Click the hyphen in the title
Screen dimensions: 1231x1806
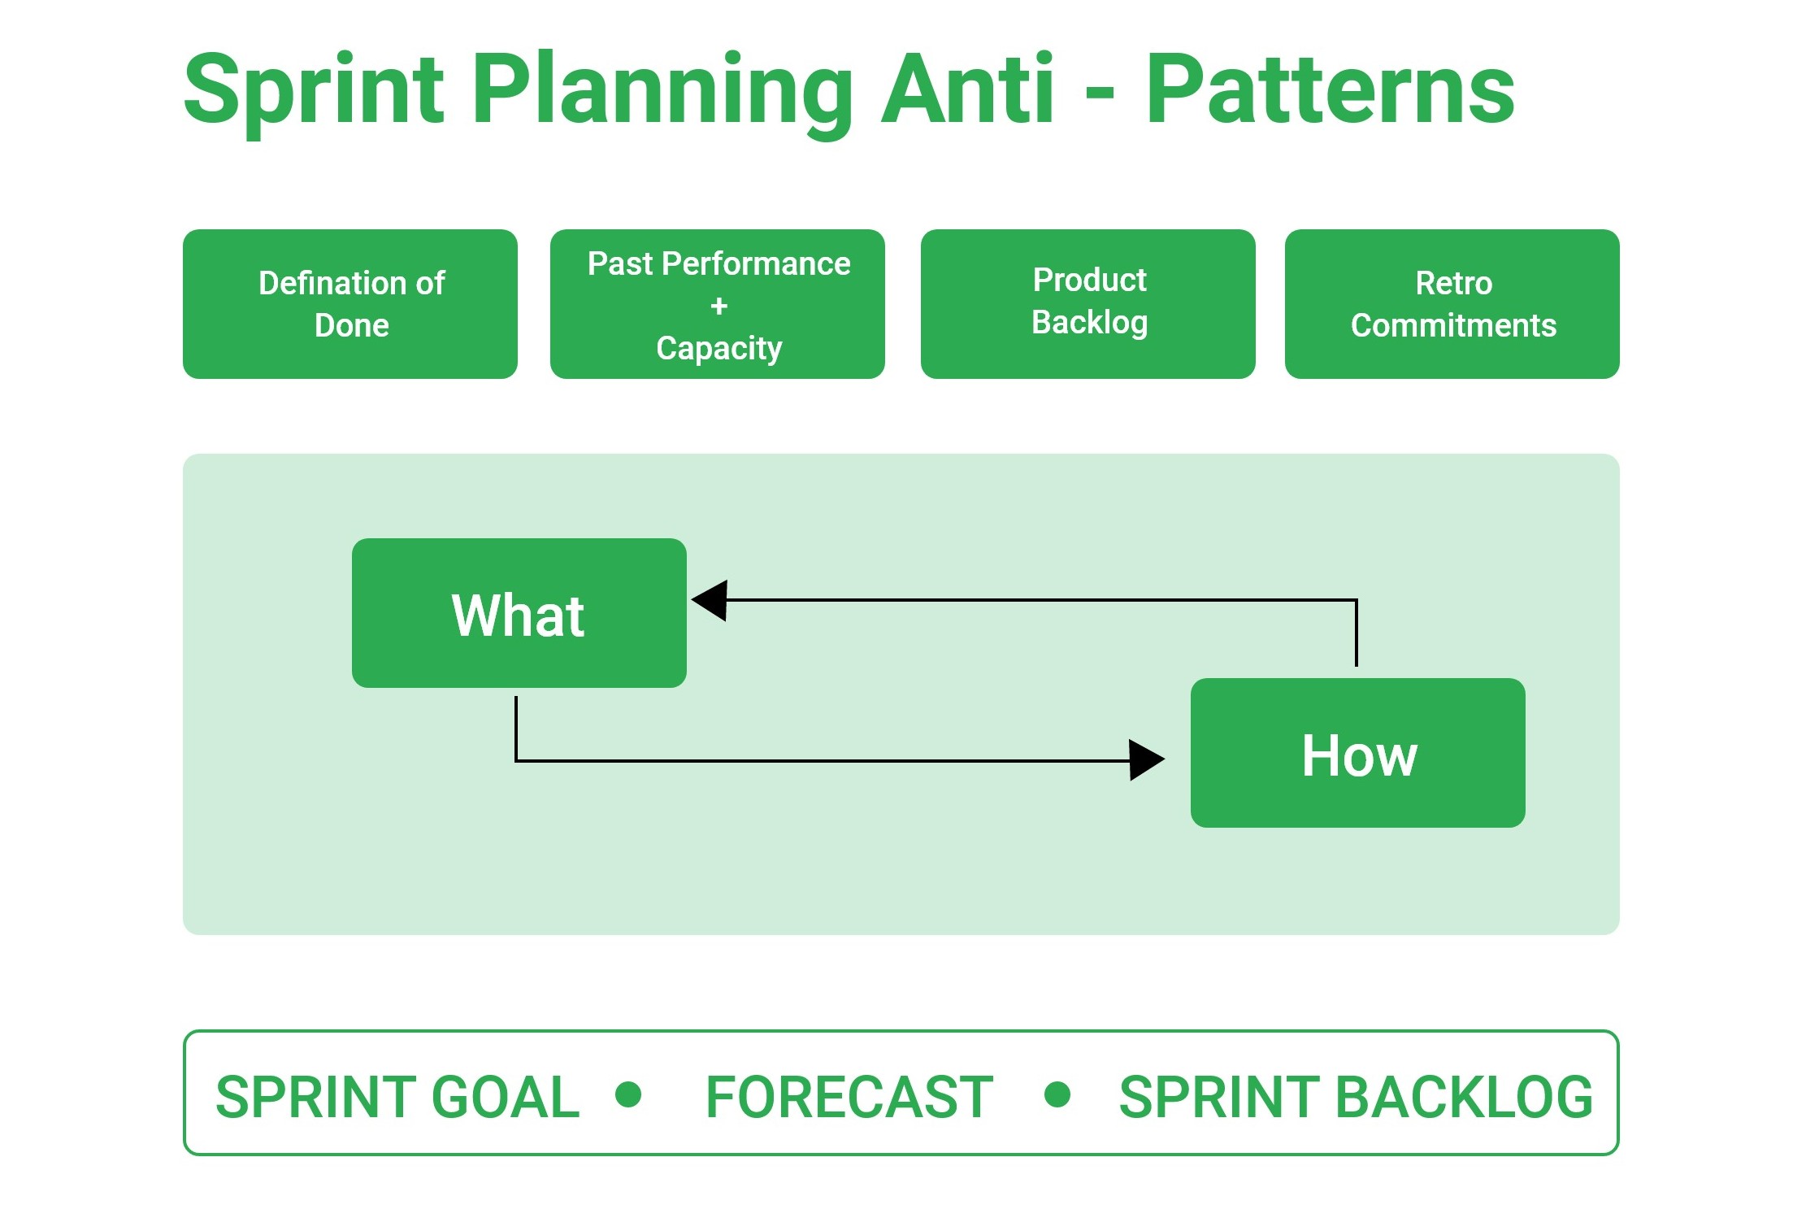tap(1099, 96)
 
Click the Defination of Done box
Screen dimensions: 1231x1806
tap(350, 304)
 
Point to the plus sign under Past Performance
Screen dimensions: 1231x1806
tap(718, 307)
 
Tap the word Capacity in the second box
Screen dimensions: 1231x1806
tap(718, 348)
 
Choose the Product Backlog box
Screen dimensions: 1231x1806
tap(1088, 304)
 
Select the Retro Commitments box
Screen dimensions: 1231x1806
tap(1452, 304)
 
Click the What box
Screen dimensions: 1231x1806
tap(519, 613)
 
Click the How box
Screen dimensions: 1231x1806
tap(1357, 753)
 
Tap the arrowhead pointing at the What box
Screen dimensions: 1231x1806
tap(711, 600)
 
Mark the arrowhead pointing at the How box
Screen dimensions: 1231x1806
tap(1145, 759)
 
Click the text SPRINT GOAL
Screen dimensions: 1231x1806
tap(397, 1097)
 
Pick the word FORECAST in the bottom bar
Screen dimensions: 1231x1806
tap(849, 1097)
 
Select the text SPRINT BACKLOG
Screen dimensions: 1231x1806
tap(1355, 1097)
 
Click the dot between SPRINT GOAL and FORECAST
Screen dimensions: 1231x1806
tap(628, 1094)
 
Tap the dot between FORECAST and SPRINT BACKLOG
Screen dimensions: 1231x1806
tap(1057, 1094)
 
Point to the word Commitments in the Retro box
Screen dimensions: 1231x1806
tap(1453, 325)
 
